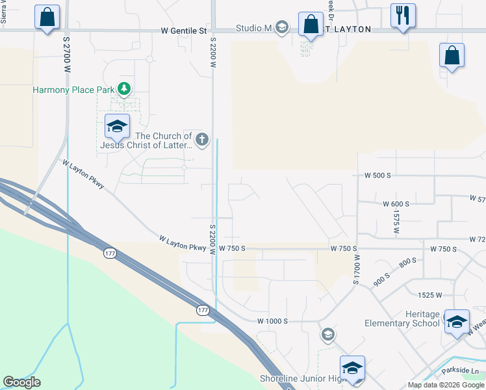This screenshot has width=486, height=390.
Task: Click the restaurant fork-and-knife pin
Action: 403,16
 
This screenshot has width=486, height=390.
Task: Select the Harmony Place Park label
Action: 73,90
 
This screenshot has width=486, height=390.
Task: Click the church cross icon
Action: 202,139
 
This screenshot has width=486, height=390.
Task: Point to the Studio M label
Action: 253,28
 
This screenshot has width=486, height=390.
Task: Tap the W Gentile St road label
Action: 184,31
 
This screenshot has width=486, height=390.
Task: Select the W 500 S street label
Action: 377,175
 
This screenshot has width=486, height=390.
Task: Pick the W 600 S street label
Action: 396,203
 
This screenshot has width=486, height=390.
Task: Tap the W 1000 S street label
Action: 272,321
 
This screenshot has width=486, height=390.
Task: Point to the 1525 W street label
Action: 430,295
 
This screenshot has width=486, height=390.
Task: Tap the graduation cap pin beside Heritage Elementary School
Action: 457,321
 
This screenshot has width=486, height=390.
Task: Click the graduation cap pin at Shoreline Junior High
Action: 352,368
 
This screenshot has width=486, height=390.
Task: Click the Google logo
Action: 21,382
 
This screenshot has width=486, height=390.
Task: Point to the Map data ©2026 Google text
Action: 446,385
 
